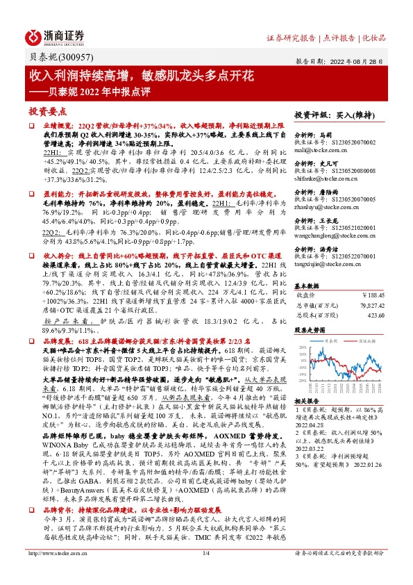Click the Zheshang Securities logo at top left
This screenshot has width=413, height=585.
[56, 37]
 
